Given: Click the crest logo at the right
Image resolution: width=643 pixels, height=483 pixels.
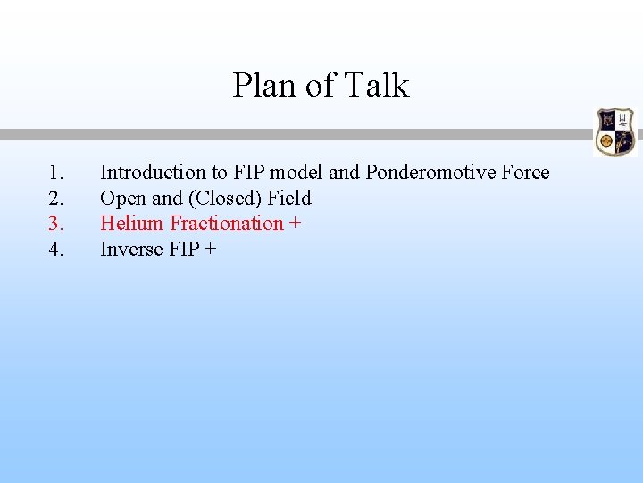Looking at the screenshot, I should coord(614,131).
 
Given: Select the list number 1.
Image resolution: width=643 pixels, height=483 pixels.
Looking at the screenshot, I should coord(56,172).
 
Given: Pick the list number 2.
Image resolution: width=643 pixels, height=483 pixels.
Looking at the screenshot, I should coord(56,198).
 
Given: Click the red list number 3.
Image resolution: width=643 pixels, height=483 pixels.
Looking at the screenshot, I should coord(56,223).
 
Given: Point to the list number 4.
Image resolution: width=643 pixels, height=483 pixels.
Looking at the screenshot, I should coord(56,249).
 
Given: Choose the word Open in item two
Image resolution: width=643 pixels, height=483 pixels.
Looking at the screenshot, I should coord(118,198).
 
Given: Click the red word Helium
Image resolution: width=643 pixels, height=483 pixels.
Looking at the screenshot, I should coord(132,223).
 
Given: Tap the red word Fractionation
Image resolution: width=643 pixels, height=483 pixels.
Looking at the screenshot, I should coord(226,223).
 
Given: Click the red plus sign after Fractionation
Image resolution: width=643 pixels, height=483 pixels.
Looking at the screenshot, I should coord(295,224).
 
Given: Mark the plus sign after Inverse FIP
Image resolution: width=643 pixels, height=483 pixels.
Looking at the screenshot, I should coord(210,250).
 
